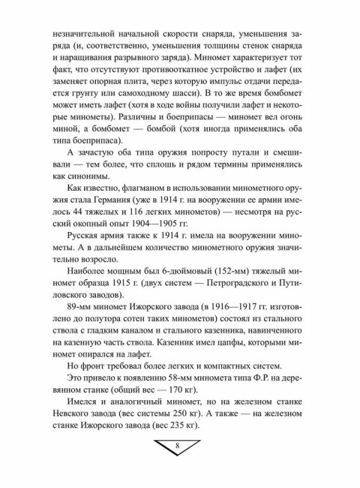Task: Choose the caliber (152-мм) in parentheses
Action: tap(225, 282)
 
